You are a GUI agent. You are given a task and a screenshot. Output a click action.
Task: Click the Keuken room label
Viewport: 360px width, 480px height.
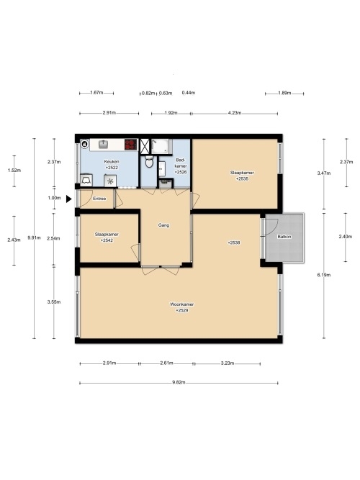[112, 162]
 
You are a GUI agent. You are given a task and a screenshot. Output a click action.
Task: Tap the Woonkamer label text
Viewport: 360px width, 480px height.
[181, 304]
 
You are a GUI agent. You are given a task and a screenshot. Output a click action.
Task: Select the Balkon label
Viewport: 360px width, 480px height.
[284, 237]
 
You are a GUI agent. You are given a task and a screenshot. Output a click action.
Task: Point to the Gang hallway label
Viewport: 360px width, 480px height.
[163, 225]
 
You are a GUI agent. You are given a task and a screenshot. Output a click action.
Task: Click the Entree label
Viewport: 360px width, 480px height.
[99, 199]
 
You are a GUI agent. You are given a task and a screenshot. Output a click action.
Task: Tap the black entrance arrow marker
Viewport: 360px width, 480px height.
[68, 199]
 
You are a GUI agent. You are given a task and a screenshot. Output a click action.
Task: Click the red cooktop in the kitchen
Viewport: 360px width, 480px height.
[130, 145]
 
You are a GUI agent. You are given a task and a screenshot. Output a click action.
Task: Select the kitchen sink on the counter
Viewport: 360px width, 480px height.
[103, 144]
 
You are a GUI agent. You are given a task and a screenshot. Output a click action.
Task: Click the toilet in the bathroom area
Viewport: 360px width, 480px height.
[149, 162]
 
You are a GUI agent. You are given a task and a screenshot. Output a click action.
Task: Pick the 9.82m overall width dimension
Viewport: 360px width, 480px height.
[179, 383]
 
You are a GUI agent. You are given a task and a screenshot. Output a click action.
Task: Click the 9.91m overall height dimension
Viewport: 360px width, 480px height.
[34, 238]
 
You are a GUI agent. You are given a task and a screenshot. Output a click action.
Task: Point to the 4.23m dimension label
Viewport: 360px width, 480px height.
[235, 113]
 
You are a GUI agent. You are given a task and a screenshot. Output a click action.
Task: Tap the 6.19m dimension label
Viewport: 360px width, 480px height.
[324, 275]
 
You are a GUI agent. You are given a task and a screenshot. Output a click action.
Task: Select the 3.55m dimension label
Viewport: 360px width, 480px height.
[54, 302]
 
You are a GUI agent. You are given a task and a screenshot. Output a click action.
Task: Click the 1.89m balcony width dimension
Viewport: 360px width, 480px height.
[284, 93]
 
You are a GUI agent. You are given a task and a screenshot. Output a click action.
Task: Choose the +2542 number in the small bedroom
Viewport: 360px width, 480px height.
[107, 240]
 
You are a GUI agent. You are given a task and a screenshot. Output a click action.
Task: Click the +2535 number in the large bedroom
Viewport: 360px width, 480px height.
[242, 178]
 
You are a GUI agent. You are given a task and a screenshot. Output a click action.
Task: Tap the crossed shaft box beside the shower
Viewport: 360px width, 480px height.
[145, 147]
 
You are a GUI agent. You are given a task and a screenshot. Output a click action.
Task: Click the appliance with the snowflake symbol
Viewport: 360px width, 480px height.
[110, 181]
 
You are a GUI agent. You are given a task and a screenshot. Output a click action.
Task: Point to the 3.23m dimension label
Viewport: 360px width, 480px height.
[228, 363]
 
